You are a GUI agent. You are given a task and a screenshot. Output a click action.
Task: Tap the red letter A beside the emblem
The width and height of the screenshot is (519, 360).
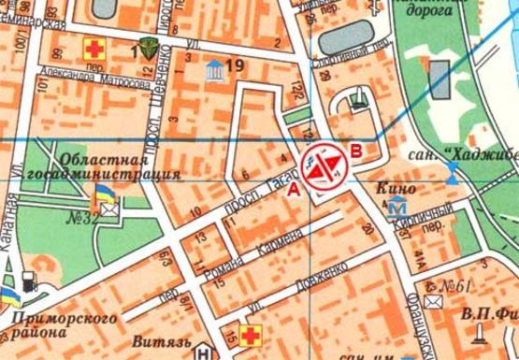[x=294, y=190]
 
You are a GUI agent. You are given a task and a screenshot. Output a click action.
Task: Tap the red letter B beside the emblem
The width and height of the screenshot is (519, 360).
[x=355, y=149]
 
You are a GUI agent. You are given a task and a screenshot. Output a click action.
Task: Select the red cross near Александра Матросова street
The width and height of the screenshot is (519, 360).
[x=94, y=48]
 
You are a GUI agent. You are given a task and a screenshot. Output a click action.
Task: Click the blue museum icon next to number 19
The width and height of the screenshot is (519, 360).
[x=215, y=67]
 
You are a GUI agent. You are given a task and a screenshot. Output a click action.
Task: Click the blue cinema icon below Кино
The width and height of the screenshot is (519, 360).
[x=397, y=206]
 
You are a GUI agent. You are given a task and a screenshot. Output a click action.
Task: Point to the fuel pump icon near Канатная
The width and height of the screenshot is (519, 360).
[x=30, y=279]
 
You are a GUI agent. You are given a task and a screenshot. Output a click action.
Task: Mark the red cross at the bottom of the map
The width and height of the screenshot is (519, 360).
[x=250, y=335]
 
